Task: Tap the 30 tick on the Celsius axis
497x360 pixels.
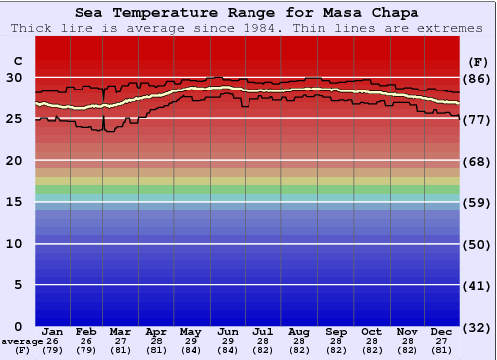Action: tap(16, 78)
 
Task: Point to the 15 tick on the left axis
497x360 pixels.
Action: tap(16, 202)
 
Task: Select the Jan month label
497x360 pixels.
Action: tap(53, 331)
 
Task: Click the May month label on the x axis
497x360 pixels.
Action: tap(190, 331)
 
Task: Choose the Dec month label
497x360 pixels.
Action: tap(443, 331)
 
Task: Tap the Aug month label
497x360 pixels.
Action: tap(299, 331)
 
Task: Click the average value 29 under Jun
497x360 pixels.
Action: tap(227, 341)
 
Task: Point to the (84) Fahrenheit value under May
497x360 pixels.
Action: tap(190, 350)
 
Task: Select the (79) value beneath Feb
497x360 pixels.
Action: tap(86, 350)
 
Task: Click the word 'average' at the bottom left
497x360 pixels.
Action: tap(22, 341)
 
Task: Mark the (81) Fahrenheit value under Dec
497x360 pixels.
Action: tap(443, 350)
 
